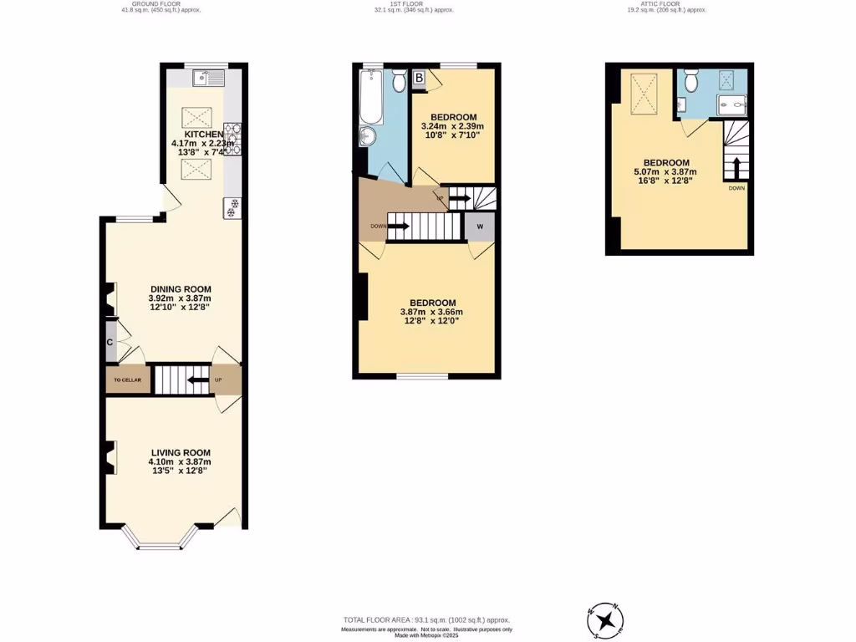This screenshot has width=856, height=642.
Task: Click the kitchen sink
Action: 207,79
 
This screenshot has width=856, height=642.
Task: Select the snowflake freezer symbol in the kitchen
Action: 232,207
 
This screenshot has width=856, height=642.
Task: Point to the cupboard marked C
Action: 110,342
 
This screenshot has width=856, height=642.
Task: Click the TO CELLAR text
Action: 128,380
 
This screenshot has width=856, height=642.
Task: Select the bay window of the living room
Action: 159,545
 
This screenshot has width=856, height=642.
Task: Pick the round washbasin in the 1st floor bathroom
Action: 368,138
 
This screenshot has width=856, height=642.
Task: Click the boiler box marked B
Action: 419,79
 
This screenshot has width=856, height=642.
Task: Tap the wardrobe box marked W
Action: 480,227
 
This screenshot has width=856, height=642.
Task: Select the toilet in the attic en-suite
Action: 690,81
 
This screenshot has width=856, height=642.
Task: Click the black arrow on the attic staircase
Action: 736,166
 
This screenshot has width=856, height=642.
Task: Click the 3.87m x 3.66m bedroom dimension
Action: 431,313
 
